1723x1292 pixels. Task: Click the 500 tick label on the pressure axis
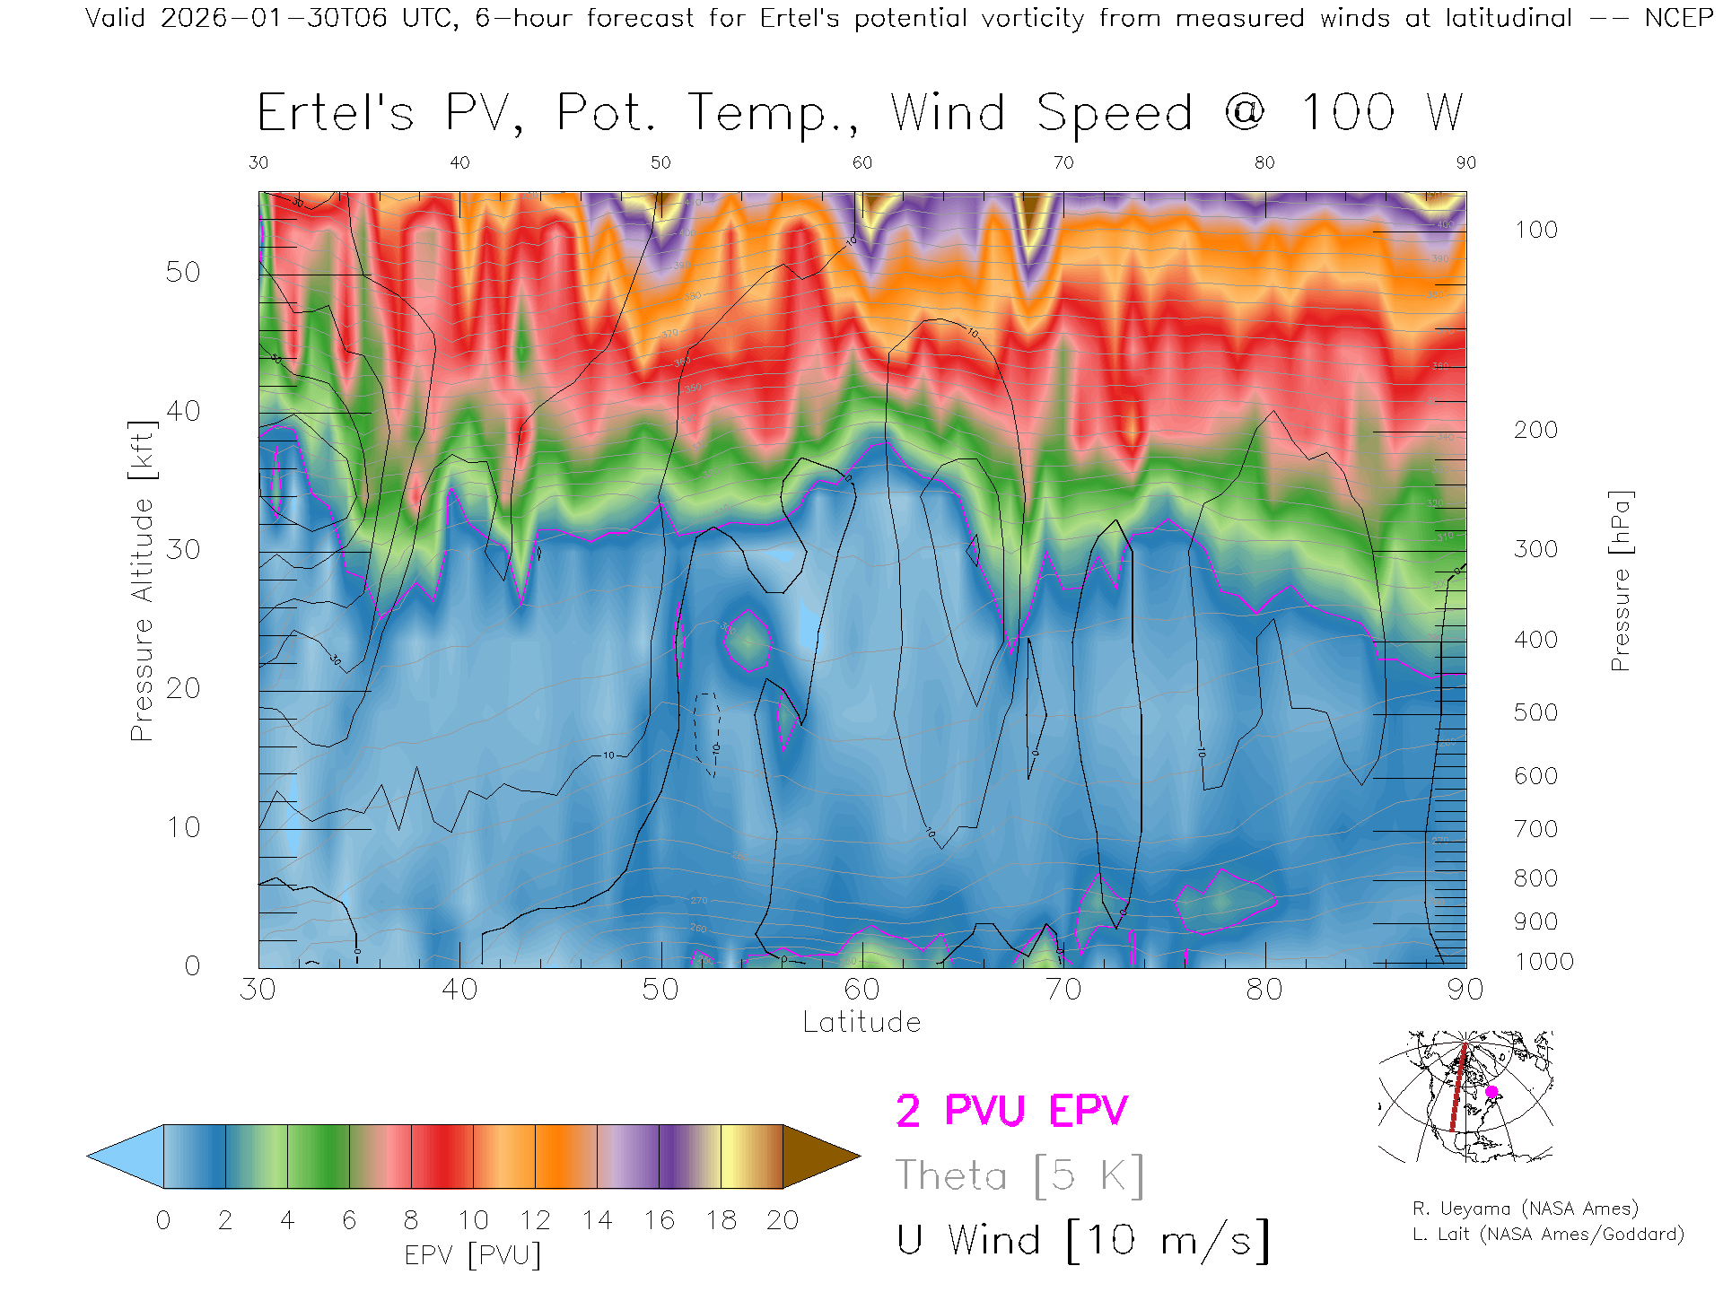(1535, 712)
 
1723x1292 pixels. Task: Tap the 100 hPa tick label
(1535, 230)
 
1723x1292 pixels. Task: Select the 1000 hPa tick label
(1544, 962)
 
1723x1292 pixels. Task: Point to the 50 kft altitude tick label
(182, 272)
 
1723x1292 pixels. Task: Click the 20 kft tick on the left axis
(182, 688)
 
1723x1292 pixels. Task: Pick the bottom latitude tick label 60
(861, 990)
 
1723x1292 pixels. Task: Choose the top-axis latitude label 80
(1264, 162)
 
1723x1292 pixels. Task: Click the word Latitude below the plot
(861, 1022)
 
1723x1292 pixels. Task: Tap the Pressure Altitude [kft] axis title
(142, 581)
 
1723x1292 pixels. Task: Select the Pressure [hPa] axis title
(1620, 581)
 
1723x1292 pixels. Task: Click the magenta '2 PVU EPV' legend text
(1011, 1111)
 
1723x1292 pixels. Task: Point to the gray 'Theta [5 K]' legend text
(1019, 1175)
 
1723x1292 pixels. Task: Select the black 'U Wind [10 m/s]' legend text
(1082, 1241)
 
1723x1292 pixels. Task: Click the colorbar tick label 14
(597, 1220)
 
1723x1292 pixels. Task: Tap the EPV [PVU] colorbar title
(473, 1255)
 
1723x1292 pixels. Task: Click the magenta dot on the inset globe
(1491, 1092)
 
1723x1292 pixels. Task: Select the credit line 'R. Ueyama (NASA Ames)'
(1525, 1209)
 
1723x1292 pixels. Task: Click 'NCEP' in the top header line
(1679, 18)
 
